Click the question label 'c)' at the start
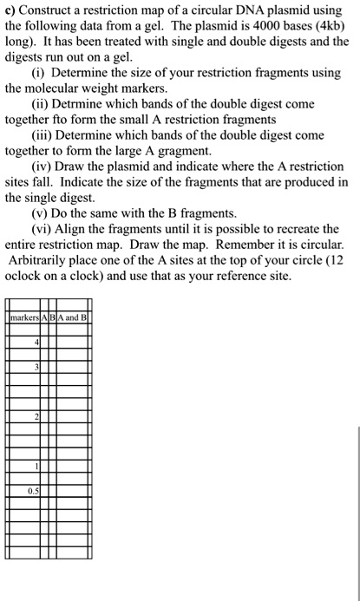(10, 10)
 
